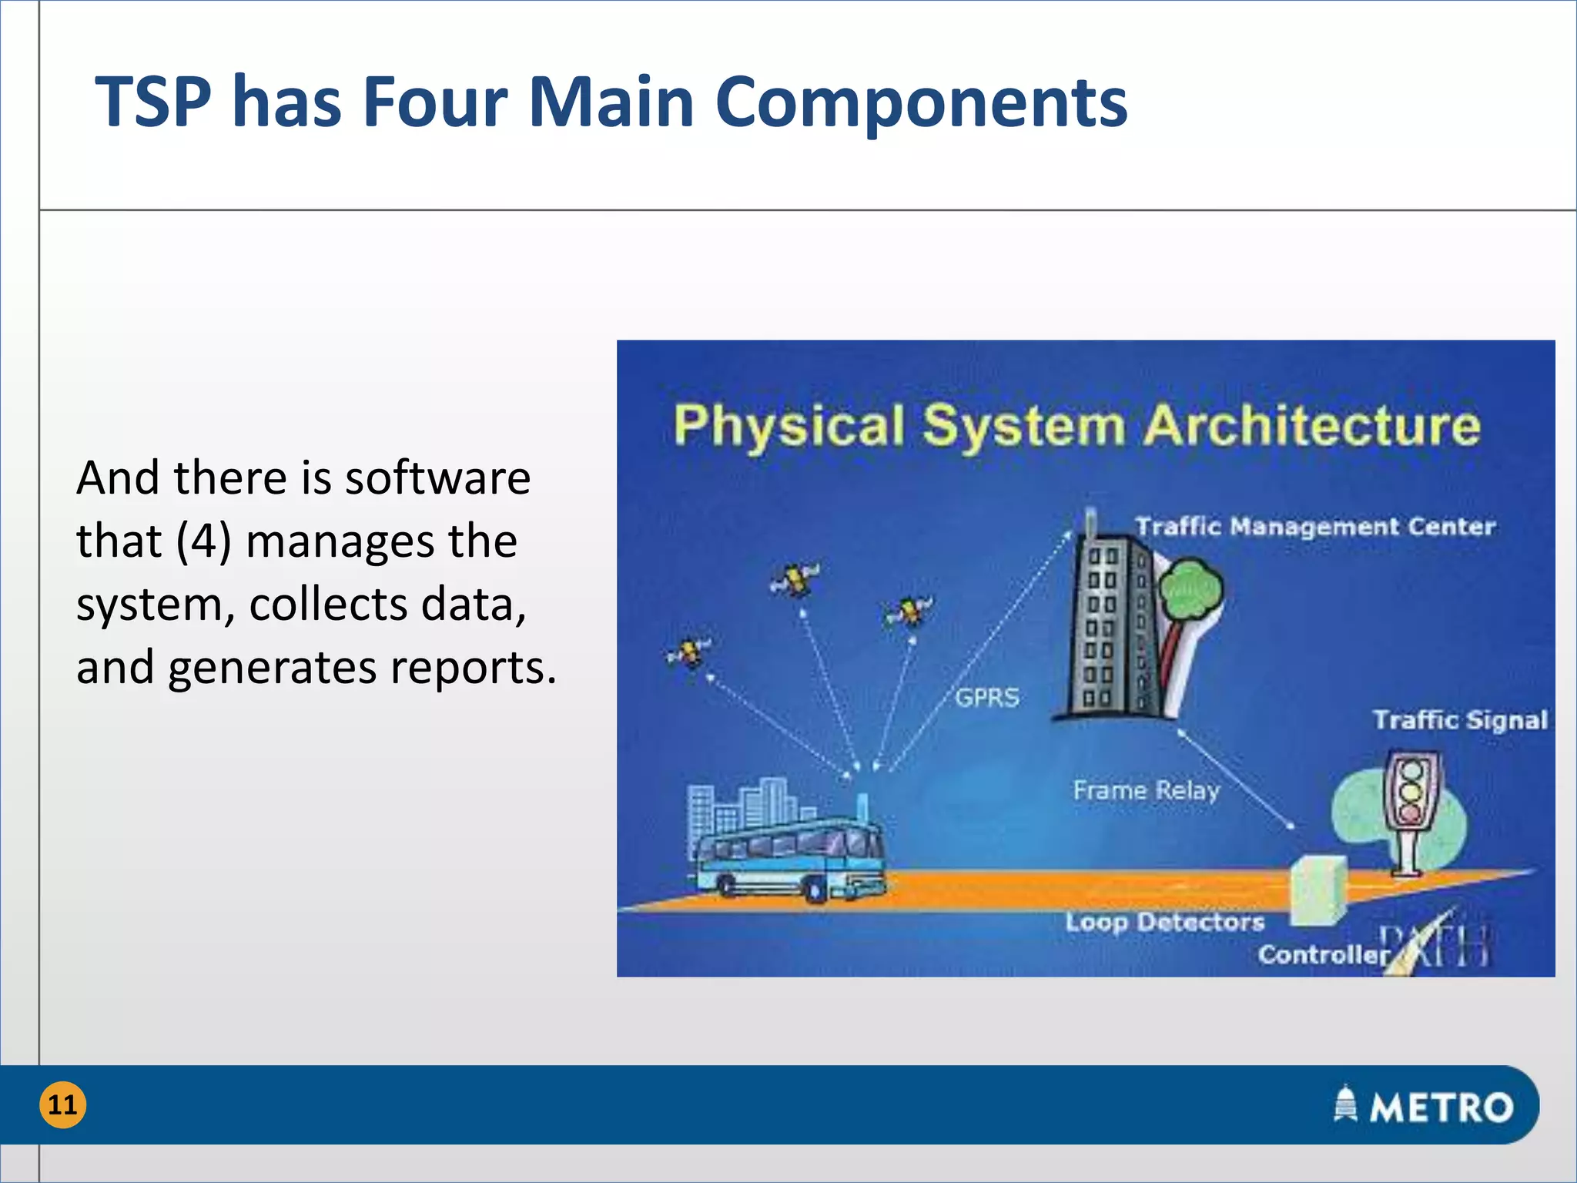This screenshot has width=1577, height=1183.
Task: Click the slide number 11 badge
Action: (62, 1104)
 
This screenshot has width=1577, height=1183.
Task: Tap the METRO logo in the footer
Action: (1424, 1106)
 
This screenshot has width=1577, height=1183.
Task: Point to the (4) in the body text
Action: (203, 541)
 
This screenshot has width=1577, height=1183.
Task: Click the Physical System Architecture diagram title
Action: (1076, 425)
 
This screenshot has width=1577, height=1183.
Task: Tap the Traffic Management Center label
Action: (1314, 527)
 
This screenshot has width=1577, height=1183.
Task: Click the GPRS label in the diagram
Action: (987, 698)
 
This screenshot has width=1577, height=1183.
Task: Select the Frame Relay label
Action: (1146, 790)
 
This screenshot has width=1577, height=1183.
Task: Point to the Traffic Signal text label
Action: (1460, 720)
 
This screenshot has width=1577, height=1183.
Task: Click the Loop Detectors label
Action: (1164, 922)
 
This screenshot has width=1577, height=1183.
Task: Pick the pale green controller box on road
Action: (1318, 890)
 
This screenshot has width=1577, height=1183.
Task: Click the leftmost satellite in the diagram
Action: (688, 653)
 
